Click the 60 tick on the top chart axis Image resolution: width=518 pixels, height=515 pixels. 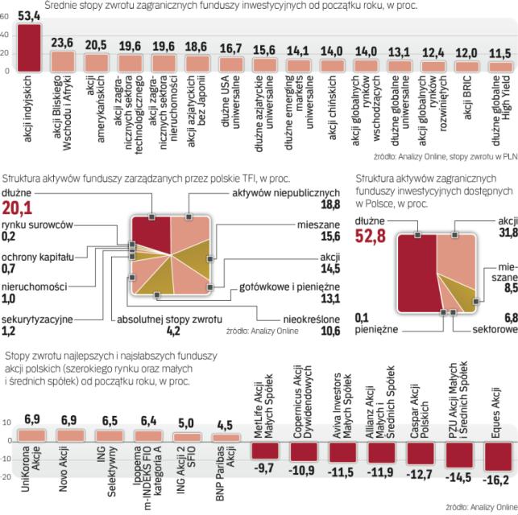(x=6, y=36)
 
